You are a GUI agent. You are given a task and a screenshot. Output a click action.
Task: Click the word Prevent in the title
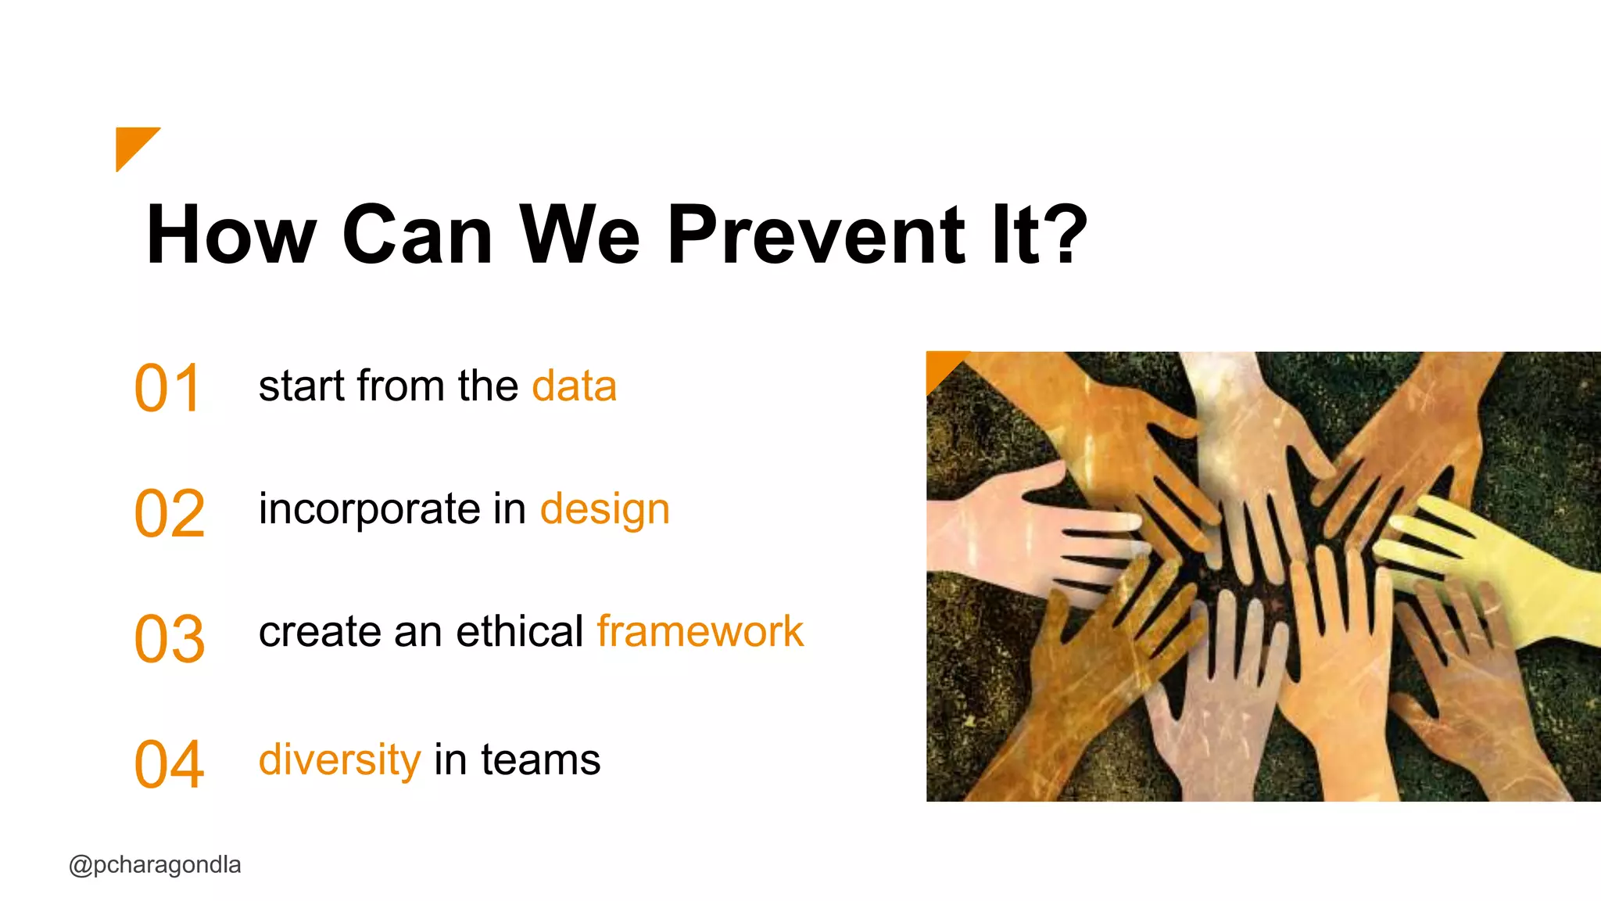point(817,234)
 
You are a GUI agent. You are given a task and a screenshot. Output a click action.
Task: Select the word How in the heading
point(231,234)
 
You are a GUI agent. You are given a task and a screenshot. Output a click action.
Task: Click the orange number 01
point(168,388)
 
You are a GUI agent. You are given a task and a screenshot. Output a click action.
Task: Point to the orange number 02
point(170,513)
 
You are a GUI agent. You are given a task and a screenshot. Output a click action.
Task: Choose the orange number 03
point(170,639)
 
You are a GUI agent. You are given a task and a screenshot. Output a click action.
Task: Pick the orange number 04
point(170,764)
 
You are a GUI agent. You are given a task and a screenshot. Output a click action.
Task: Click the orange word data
point(574,386)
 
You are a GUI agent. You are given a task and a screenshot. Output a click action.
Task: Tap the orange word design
point(605,510)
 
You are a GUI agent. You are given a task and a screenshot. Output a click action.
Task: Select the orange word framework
point(700,631)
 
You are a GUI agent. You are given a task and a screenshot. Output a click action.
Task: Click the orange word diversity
point(339,759)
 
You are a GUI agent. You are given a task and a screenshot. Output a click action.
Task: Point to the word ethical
point(519,631)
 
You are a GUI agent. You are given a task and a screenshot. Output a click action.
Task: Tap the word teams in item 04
point(540,759)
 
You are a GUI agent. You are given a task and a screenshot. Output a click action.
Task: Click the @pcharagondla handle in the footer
point(155,865)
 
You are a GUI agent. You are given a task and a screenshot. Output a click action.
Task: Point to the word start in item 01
point(301,386)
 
